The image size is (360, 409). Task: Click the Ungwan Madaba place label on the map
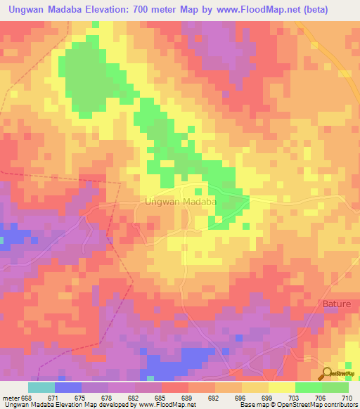coord(179,201)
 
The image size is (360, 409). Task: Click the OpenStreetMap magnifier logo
coord(328,374)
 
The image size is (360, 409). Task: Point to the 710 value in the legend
coord(346,397)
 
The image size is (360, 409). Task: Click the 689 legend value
coord(188,397)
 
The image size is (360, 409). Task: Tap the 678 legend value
coord(108,397)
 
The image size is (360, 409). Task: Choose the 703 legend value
coord(293,397)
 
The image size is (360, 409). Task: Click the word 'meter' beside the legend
coord(11,397)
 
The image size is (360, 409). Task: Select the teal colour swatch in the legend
coord(41,387)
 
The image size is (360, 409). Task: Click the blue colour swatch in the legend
coord(68,387)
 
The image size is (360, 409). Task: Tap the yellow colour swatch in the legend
coord(281,387)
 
